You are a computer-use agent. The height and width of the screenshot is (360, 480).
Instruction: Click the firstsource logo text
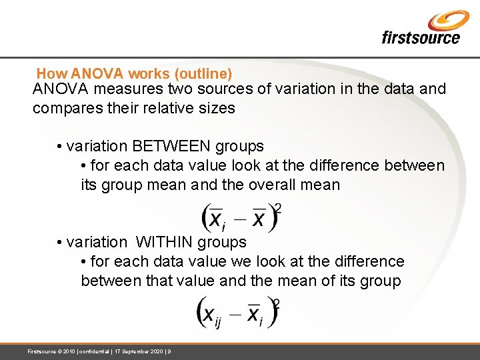pos(420,37)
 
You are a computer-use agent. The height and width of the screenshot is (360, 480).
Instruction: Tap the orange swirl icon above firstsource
pos(448,19)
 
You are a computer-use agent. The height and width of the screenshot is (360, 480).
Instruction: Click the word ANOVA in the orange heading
pos(92,73)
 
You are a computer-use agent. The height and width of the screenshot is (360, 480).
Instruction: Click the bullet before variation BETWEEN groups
pos(60,147)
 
